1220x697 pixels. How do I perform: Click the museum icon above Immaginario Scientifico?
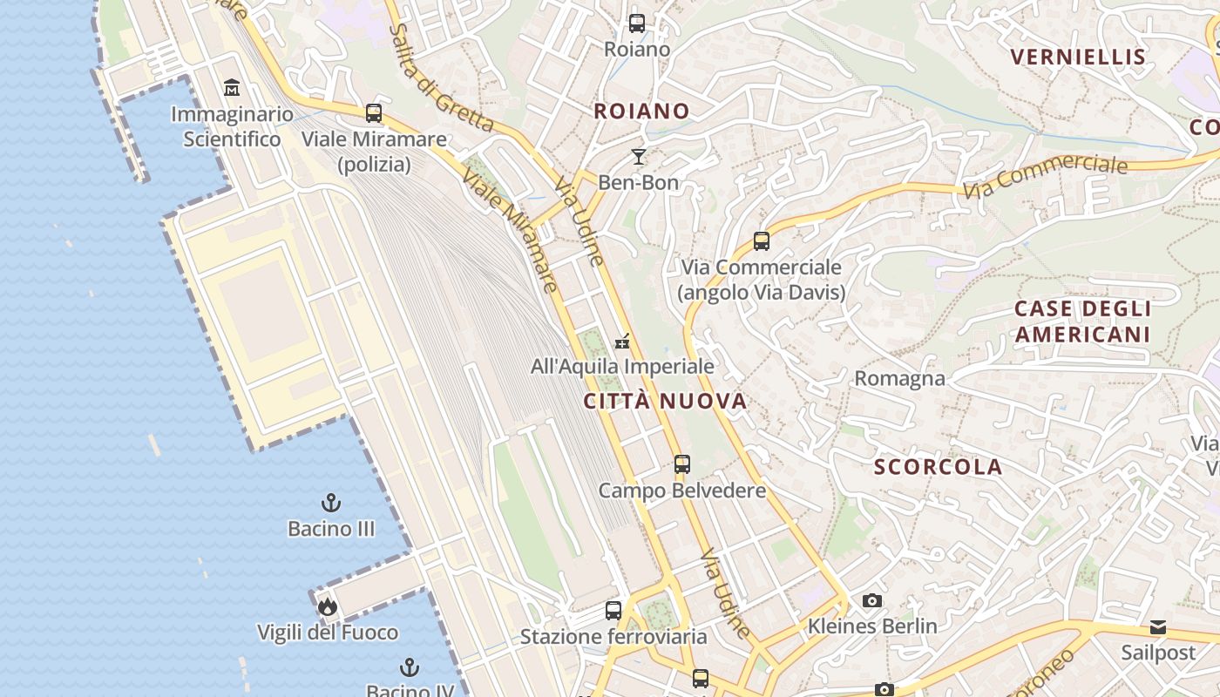point(232,88)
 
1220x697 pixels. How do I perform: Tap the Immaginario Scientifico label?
point(232,126)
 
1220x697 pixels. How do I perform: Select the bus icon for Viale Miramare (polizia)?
point(374,112)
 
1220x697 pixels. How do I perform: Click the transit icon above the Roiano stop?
point(637,24)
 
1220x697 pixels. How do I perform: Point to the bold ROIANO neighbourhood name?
point(641,112)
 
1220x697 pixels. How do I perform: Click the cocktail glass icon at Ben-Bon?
point(639,157)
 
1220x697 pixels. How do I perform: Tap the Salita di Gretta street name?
point(442,78)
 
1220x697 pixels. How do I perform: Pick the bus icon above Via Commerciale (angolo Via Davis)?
point(762,241)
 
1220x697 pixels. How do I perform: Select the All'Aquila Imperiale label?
point(622,367)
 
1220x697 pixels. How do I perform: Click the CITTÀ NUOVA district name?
point(665,401)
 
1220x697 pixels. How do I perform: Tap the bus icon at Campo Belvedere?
point(682,464)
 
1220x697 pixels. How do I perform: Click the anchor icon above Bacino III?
point(331,503)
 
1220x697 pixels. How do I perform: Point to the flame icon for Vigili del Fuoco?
point(328,606)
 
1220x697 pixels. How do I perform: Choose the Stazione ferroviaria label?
point(613,637)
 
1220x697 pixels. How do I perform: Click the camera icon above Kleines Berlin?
point(871,600)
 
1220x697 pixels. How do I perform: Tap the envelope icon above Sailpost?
point(1158,627)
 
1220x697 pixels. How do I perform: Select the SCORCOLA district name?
point(938,467)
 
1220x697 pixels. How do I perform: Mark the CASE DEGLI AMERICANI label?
point(1082,321)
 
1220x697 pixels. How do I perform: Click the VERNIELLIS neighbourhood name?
point(1077,58)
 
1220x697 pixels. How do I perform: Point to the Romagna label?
point(899,378)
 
